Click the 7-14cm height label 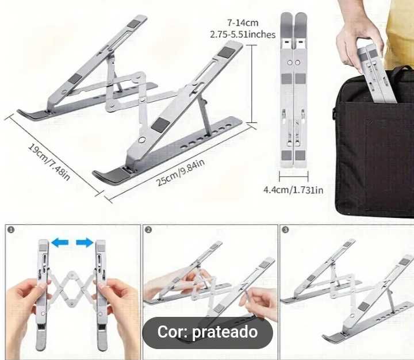[242, 23]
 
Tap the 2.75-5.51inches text [243, 35]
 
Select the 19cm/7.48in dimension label [49, 162]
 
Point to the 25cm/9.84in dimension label [179, 172]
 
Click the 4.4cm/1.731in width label [293, 189]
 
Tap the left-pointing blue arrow [59, 243]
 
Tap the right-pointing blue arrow [85, 243]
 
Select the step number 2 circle [148, 229]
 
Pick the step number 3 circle [286, 229]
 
